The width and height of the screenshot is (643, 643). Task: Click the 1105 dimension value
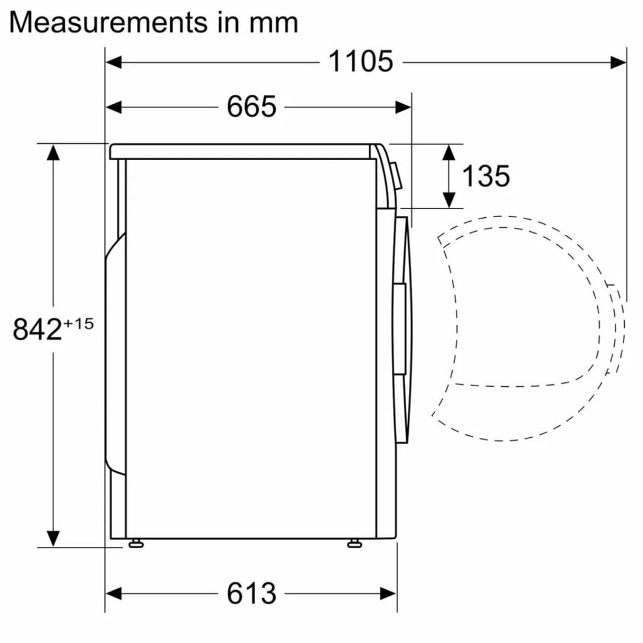coord(360,62)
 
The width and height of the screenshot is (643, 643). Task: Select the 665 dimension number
coord(251,107)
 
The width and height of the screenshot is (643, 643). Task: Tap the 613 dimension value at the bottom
coord(251,593)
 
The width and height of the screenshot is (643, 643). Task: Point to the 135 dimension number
coord(485,176)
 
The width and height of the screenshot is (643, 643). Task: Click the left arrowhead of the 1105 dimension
coord(114,62)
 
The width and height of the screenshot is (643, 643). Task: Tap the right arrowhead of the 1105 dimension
coord(618,62)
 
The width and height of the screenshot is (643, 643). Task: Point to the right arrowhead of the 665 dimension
coord(403,107)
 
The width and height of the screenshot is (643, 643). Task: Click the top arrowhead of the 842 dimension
coord(53,153)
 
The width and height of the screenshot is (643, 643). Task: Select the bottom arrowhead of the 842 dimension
coord(53,538)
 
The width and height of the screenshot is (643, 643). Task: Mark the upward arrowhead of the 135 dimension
coord(449,153)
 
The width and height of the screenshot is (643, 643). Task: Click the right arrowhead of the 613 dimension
coord(389,593)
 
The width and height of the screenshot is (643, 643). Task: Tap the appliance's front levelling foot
coord(354,543)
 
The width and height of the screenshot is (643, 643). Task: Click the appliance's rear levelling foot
coord(135,543)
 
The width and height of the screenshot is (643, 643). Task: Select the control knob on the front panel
coord(396,176)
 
